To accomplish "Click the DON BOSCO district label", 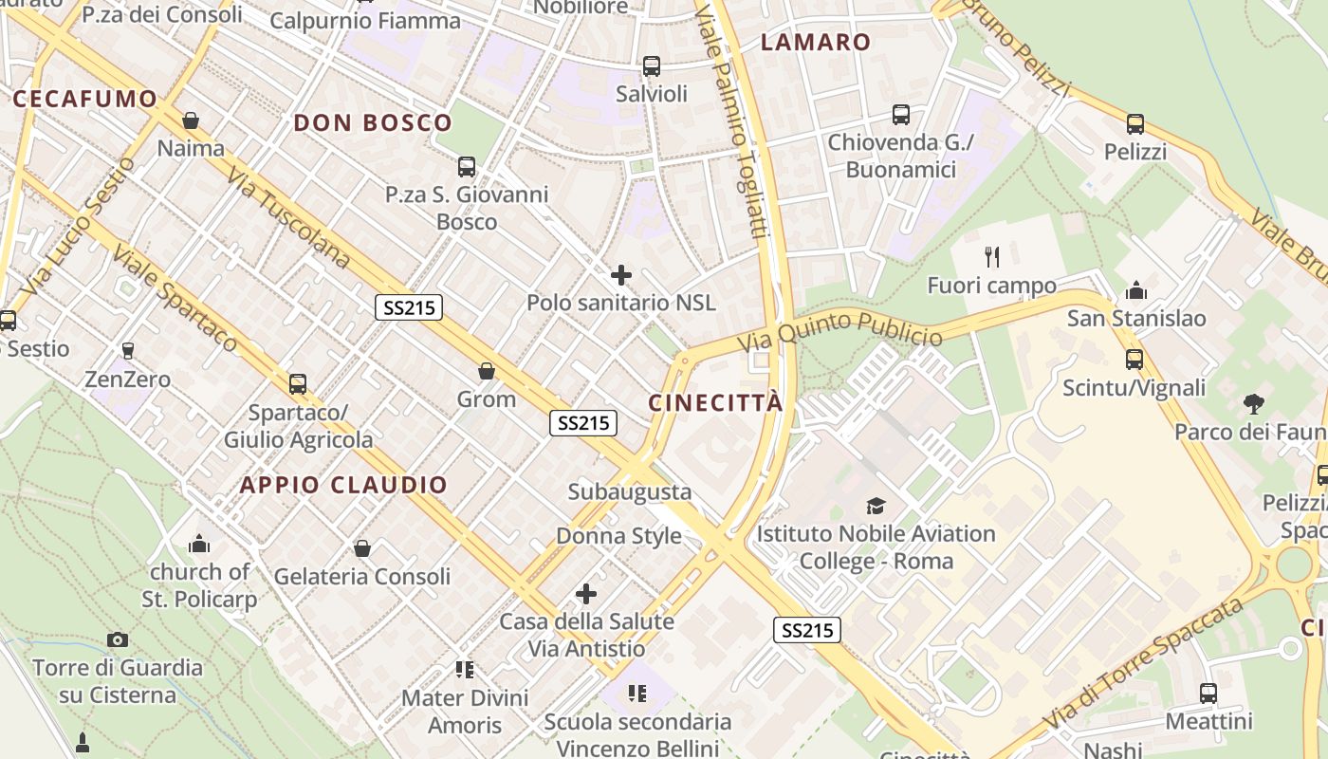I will coord(373,122).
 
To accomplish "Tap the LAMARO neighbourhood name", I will coord(816,42).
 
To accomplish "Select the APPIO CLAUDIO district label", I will coord(343,485).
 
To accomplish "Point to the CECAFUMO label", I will coord(84,99).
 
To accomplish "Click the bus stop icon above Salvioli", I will coord(652,66).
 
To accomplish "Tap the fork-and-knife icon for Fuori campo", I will coord(992,256).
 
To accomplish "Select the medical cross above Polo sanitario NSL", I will coord(621,275).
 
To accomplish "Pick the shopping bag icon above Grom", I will coord(487,371).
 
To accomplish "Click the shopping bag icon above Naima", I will coord(191,120).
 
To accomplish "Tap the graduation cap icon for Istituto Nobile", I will coord(876,506).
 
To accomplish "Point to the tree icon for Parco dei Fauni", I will coord(1254,404).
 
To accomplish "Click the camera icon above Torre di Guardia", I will coord(118,639).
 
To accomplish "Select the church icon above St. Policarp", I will coord(199,544).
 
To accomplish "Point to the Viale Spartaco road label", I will coord(175,298).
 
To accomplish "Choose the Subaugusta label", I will coord(630,492).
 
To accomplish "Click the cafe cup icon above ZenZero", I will coord(128,351).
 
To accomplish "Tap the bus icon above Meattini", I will coord(1208,694).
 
